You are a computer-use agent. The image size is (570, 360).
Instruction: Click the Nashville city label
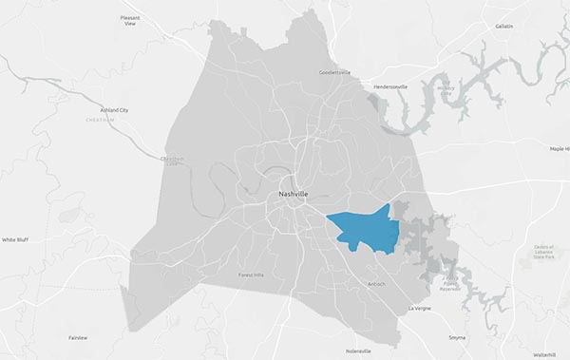[293, 195]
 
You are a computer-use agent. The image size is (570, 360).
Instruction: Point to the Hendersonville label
[389, 86]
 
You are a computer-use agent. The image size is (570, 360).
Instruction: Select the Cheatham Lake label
[172, 161]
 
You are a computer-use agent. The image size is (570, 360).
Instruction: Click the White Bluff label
[15, 240]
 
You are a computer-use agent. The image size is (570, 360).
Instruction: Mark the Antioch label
[377, 284]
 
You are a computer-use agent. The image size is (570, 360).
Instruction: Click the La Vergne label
[419, 309]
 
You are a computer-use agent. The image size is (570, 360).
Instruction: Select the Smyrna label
[458, 337]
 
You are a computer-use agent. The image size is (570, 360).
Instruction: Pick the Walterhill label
[544, 353]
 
